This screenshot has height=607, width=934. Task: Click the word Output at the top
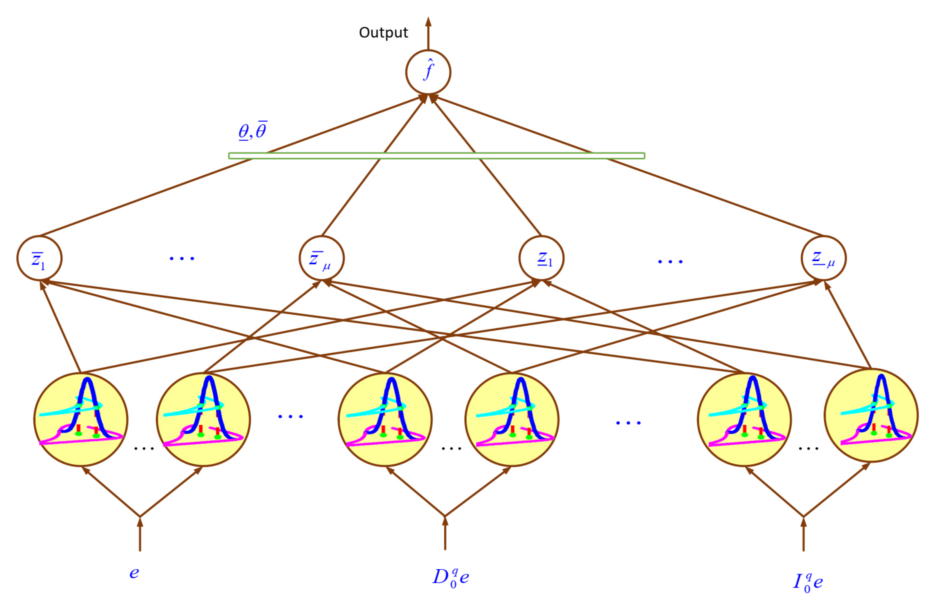coord(383,33)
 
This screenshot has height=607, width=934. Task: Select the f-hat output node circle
coord(428,72)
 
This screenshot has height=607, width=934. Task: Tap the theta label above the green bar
coord(253,131)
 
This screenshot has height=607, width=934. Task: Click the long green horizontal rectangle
coord(437,156)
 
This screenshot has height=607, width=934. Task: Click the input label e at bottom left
coord(134,573)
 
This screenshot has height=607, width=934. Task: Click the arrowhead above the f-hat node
coord(428,22)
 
